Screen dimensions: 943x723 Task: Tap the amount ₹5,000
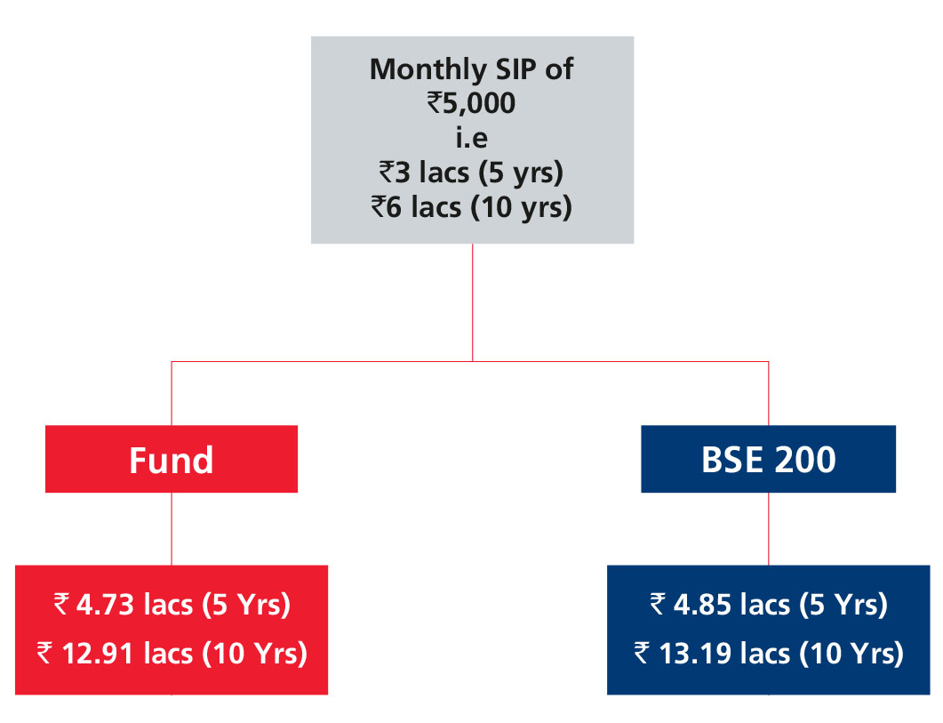tap(471, 103)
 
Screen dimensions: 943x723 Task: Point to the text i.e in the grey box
tap(471, 138)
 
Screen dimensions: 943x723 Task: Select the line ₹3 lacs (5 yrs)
tap(471, 173)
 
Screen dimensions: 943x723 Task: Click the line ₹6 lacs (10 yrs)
tap(471, 208)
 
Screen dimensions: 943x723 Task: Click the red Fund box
tap(172, 460)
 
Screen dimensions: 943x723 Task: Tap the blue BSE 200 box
tap(769, 460)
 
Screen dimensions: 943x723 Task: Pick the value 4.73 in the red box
tap(105, 605)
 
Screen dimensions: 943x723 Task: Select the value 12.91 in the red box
tap(98, 654)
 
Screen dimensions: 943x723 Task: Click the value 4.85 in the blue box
tap(702, 605)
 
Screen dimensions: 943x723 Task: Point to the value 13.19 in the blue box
tap(695, 654)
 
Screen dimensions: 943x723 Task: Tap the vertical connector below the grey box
tap(473, 302)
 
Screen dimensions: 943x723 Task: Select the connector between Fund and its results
tap(172, 528)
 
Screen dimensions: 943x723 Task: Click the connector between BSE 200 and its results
tap(769, 528)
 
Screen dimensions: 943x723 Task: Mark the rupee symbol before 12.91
tap(45, 653)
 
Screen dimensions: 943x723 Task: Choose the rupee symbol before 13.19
tap(643, 653)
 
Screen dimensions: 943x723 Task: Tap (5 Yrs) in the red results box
tap(246, 605)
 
